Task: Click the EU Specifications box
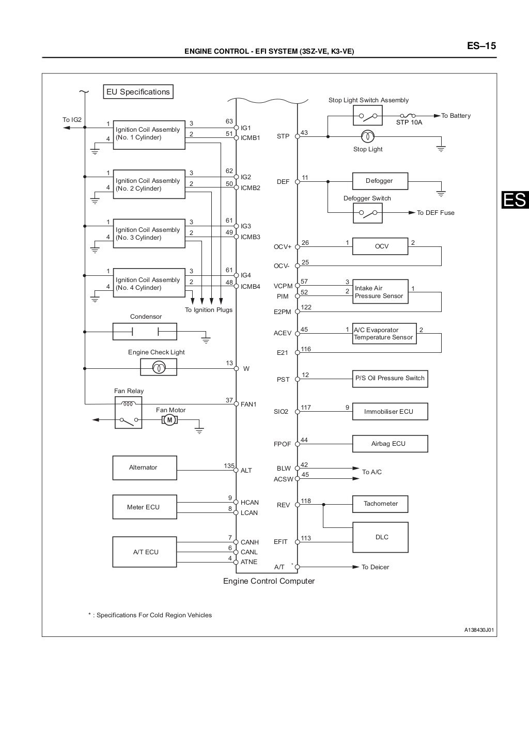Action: (x=138, y=92)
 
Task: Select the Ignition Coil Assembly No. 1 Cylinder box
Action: (x=149, y=134)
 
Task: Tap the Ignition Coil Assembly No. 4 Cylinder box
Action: (x=149, y=284)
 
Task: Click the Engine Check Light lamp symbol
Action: (x=159, y=367)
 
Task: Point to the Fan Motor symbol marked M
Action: (x=169, y=420)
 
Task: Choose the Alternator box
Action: (x=145, y=467)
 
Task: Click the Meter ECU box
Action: (x=145, y=507)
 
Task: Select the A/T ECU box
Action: (x=145, y=552)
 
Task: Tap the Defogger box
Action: (x=380, y=181)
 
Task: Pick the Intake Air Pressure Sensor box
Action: (x=380, y=292)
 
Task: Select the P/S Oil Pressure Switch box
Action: (x=390, y=378)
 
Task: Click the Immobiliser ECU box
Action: (x=390, y=412)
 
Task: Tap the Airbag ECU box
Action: (x=390, y=444)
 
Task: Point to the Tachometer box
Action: (x=380, y=504)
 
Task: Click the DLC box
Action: (x=380, y=537)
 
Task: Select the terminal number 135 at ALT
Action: (x=229, y=465)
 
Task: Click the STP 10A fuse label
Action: (x=409, y=122)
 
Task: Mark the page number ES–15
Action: (x=481, y=45)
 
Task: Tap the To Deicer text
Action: (x=375, y=567)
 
